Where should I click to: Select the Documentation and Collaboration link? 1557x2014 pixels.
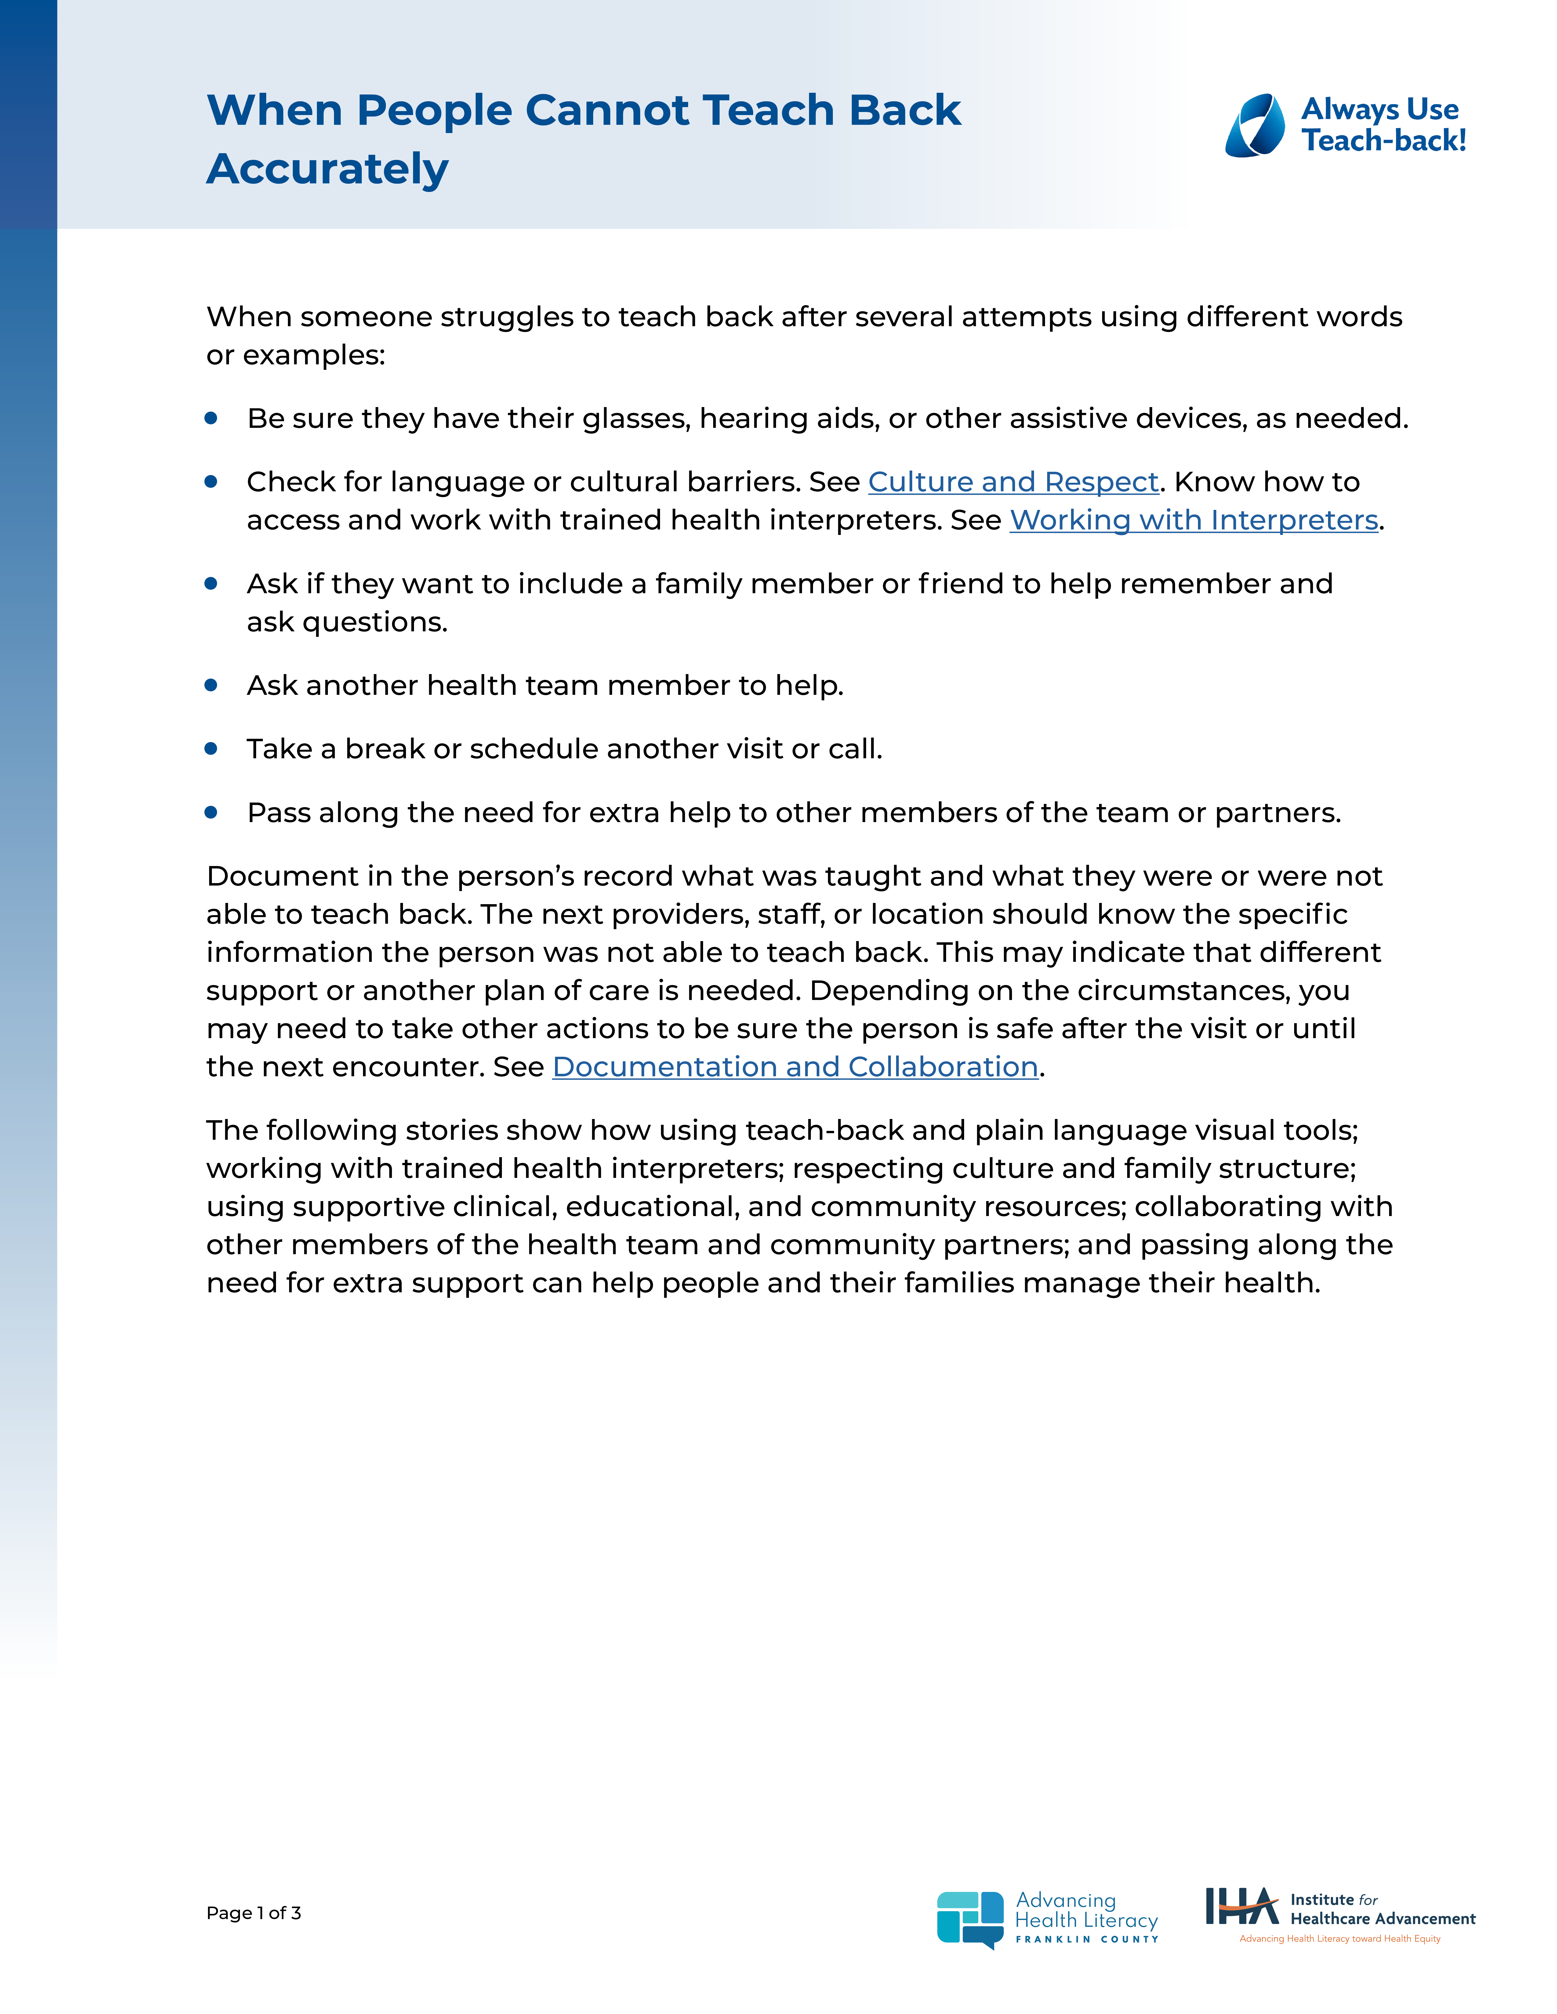click(x=795, y=1067)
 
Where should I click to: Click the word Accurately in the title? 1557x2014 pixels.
click(x=328, y=169)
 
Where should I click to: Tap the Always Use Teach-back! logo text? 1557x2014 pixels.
click(x=1383, y=125)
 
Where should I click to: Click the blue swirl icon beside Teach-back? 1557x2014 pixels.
click(x=1254, y=125)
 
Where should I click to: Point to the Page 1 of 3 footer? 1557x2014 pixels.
click(x=254, y=1913)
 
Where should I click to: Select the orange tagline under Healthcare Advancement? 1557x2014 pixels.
click(x=1339, y=1938)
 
